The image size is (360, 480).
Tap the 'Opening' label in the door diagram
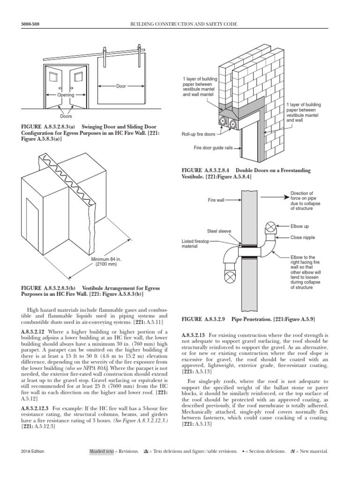[66, 95]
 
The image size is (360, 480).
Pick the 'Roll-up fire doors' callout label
[199, 134]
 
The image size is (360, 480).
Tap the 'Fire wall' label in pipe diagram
[216, 200]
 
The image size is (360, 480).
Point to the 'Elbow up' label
[300, 226]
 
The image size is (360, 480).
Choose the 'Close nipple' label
[303, 238]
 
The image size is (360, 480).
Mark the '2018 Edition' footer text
[32, 464]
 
